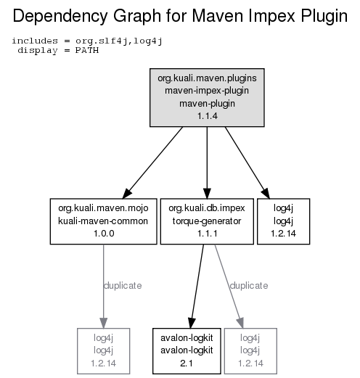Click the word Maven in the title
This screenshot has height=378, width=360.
click(x=218, y=16)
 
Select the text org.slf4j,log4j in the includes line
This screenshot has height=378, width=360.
click(x=118, y=41)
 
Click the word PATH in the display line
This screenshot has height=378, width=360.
click(x=87, y=50)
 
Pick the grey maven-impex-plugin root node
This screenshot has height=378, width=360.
click(x=207, y=97)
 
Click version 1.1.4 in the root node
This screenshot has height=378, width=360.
click(x=208, y=116)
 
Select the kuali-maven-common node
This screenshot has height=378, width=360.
click(x=104, y=221)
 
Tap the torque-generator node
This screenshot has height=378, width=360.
click(x=207, y=221)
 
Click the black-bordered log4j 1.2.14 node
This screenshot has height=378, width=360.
click(x=283, y=221)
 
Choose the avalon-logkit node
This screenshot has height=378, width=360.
click(x=187, y=351)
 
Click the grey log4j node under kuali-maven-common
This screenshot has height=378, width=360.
click(x=104, y=351)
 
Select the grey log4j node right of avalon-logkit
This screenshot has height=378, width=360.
click(x=250, y=351)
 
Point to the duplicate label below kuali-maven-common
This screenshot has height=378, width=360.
click(x=123, y=286)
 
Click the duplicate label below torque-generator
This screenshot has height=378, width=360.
click(x=249, y=286)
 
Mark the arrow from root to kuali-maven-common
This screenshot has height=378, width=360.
click(x=152, y=163)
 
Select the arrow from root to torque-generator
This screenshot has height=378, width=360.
click(x=207, y=163)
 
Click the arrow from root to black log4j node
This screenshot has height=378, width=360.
click(x=247, y=163)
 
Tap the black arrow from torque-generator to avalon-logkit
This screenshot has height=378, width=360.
click(x=197, y=287)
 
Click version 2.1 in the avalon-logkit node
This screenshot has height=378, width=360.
click(x=187, y=363)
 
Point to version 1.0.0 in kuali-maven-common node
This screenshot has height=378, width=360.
click(x=104, y=234)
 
